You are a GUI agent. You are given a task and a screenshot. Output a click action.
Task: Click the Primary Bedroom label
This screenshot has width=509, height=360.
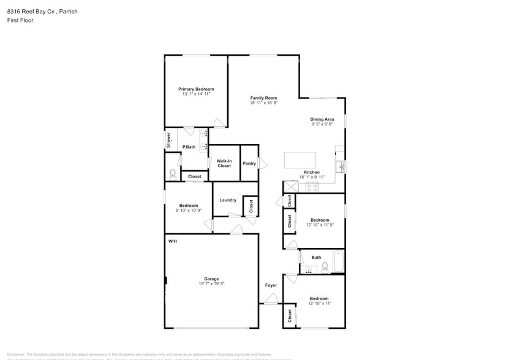[196, 89]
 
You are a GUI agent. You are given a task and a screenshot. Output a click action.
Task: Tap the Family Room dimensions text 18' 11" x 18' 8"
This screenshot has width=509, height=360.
[263, 103]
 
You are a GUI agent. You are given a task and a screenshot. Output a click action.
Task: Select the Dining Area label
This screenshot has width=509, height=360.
[322, 119]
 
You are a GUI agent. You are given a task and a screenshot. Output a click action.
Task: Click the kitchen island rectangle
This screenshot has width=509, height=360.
[301, 160]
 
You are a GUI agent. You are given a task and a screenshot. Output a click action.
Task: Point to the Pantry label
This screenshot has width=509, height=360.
[249, 163]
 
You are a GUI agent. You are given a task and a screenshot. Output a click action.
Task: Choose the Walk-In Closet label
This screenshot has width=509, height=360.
[224, 163]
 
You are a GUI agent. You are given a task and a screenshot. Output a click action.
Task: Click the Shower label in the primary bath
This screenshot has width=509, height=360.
[168, 140]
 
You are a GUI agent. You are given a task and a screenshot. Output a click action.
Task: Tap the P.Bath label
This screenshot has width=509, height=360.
[189, 147]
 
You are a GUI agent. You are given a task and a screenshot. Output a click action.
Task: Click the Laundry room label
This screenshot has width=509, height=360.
[228, 200]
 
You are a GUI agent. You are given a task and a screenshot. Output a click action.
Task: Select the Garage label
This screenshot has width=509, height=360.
[211, 279]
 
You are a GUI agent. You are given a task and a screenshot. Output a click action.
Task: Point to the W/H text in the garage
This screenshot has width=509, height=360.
[173, 241]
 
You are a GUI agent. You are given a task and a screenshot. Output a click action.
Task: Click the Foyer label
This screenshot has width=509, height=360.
[270, 285]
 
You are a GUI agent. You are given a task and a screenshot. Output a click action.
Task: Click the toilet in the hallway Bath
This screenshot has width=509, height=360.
[326, 268]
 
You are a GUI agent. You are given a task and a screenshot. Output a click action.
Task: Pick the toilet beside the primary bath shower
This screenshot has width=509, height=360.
[172, 174]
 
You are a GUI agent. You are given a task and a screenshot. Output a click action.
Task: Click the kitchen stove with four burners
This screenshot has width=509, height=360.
[312, 187]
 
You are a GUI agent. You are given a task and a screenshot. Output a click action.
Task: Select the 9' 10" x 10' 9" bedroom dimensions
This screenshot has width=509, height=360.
[189, 211]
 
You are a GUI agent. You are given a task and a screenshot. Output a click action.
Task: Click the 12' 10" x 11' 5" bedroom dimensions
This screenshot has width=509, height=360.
[320, 225]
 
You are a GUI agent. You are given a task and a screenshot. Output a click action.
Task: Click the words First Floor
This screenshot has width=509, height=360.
[20, 20]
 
